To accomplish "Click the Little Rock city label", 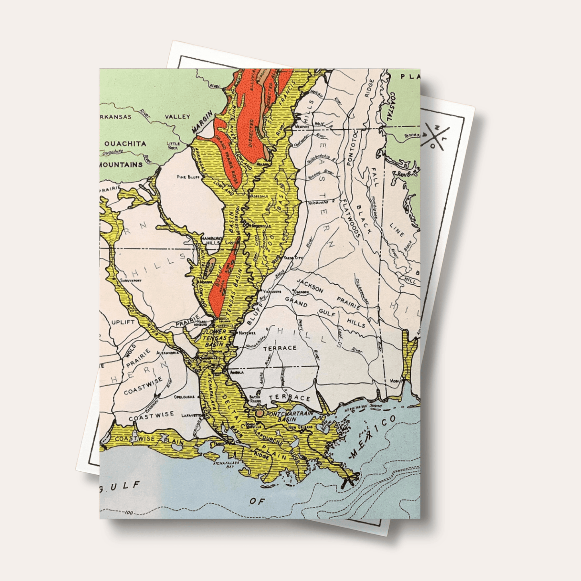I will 174,145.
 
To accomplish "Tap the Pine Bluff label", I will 188,177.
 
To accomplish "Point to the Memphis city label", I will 302,127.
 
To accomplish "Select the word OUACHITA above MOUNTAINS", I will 125,144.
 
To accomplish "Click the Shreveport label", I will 131,280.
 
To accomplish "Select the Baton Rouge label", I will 255,399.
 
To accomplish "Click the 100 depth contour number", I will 128,512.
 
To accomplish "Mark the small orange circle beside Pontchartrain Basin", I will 260,413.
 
